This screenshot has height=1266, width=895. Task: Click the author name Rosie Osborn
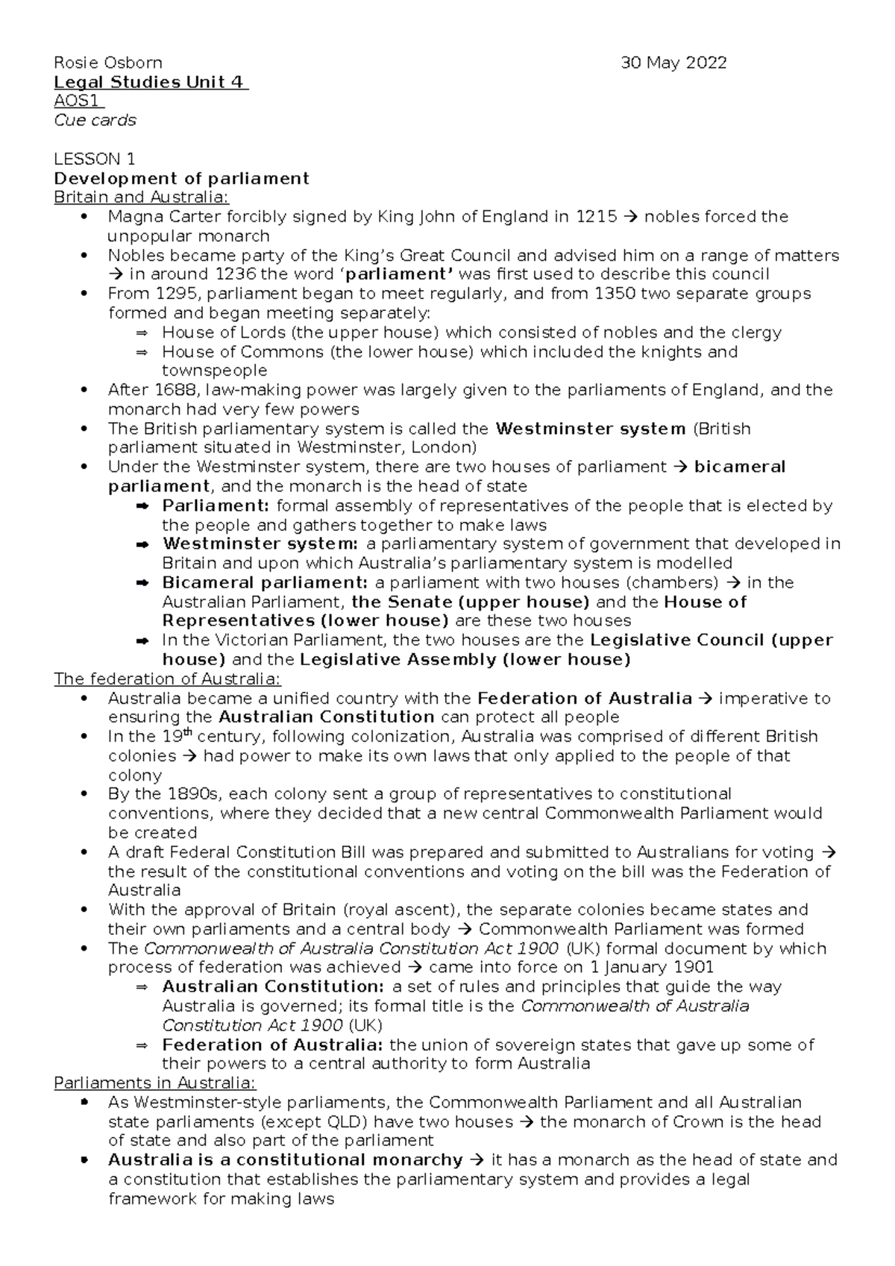(107, 63)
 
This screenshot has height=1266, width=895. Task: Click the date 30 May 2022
(674, 63)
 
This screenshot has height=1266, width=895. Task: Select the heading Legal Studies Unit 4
(150, 82)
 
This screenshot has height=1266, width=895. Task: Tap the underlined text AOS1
(78, 101)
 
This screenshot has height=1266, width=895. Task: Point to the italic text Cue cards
(95, 121)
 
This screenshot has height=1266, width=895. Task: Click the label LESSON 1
(95, 159)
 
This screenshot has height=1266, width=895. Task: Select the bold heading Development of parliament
(181, 178)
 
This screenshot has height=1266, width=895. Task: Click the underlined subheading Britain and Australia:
(142, 198)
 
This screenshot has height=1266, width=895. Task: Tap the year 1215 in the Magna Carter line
(596, 217)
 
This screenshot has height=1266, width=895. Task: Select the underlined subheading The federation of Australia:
(168, 679)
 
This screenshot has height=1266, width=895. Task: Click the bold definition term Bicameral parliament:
(265, 583)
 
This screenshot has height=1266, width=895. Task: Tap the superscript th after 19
(188, 732)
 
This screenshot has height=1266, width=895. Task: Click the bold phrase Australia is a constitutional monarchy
(286, 1160)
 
